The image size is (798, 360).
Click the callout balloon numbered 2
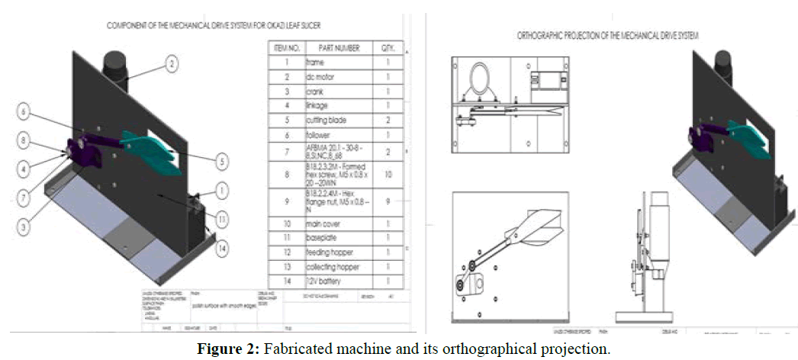[x=172, y=65]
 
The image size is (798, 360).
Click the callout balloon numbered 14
[x=221, y=247]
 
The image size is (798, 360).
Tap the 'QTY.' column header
[x=388, y=48]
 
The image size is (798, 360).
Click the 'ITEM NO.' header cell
[x=284, y=48]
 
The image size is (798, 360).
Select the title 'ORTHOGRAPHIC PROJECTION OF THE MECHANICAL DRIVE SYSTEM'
[x=609, y=36]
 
